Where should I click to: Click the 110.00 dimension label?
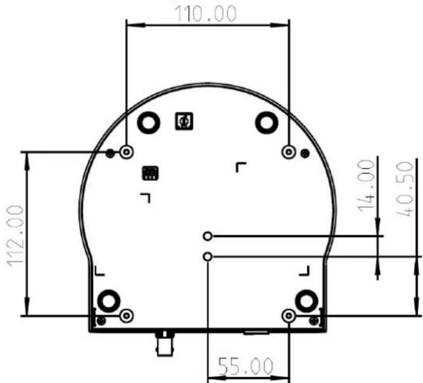coord(206,14)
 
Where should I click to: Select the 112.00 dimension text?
coord(15,236)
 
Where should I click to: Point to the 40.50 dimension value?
coord(405,189)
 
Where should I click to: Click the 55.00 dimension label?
coord(245,367)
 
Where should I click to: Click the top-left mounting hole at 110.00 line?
coord(127,152)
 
